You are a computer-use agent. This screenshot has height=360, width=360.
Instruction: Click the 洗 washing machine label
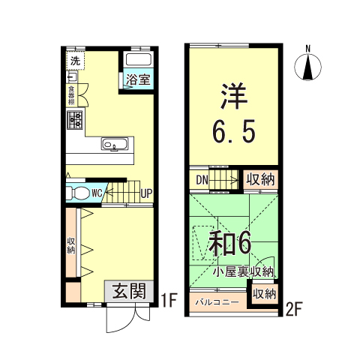[x=75, y=61]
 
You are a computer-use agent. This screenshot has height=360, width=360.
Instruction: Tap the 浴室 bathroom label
[x=138, y=79]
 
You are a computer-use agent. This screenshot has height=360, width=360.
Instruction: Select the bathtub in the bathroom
[x=139, y=59]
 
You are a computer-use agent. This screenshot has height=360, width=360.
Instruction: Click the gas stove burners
[x=75, y=120]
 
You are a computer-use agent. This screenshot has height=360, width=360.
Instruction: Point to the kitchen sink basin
[x=115, y=144]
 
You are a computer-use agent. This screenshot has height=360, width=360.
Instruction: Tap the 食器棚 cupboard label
[x=71, y=95]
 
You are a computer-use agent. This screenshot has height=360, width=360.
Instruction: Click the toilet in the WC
[x=78, y=193]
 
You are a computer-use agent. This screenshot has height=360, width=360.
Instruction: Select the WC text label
[x=97, y=193]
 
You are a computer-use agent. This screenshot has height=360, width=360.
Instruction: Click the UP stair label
[x=146, y=193]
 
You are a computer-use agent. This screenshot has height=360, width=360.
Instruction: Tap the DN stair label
[x=202, y=180]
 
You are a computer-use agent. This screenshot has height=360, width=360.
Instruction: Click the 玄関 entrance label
[x=129, y=291]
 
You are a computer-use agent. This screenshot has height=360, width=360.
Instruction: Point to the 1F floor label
[x=169, y=301]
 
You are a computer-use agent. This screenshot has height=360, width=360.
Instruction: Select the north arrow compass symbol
[x=308, y=67]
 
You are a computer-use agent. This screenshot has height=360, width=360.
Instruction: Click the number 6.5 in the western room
[x=234, y=130]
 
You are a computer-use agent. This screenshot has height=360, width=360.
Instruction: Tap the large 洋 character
[x=234, y=96]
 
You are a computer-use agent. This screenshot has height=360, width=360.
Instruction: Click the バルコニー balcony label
[x=217, y=302]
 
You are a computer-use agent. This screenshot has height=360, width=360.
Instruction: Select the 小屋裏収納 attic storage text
[x=244, y=272]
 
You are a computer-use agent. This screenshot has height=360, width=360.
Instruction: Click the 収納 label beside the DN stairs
[x=260, y=180]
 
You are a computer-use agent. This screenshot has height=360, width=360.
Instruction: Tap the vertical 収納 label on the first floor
[x=71, y=246]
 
